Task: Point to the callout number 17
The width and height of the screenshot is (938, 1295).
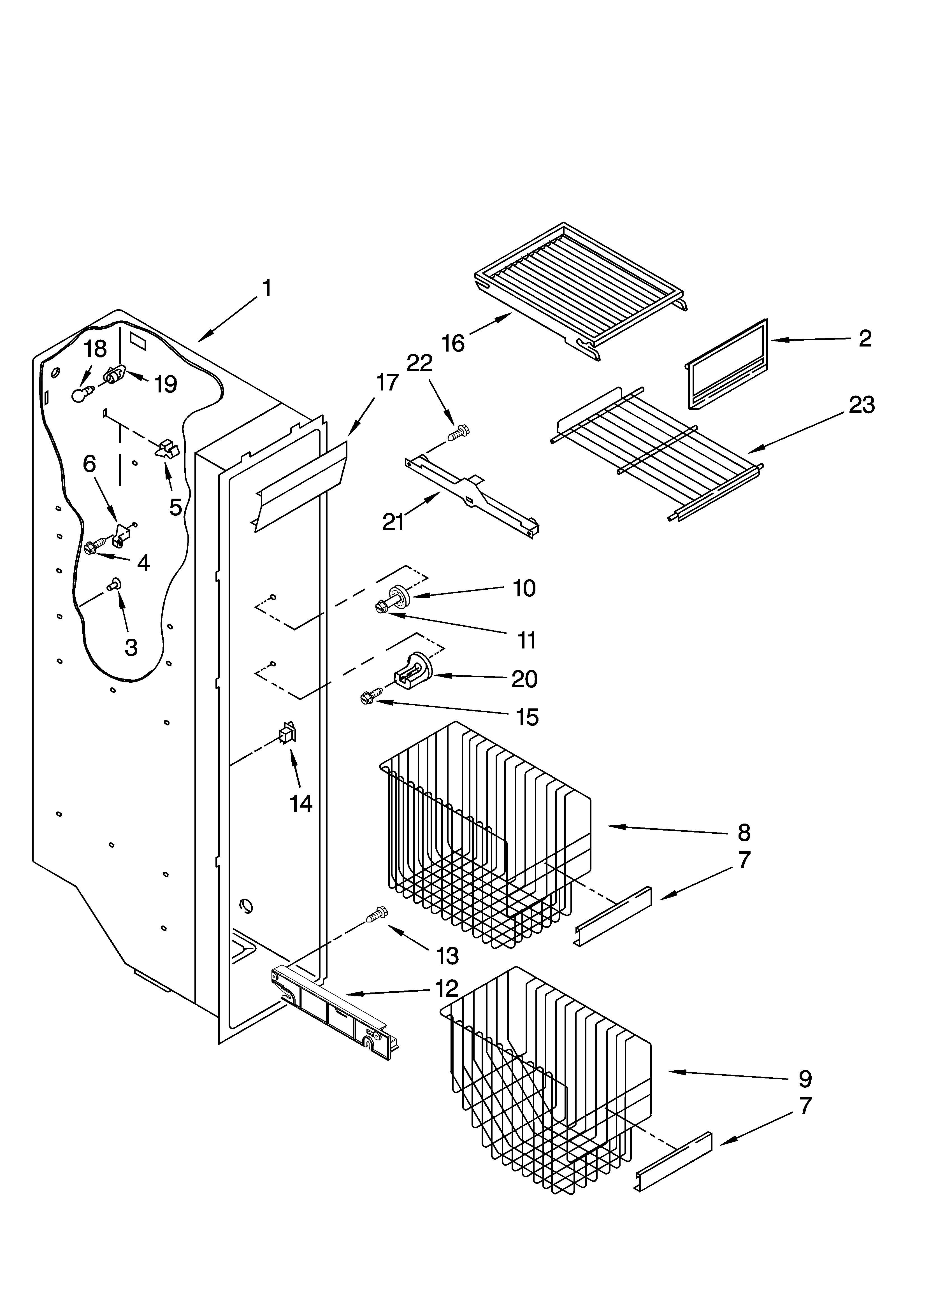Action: (387, 383)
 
